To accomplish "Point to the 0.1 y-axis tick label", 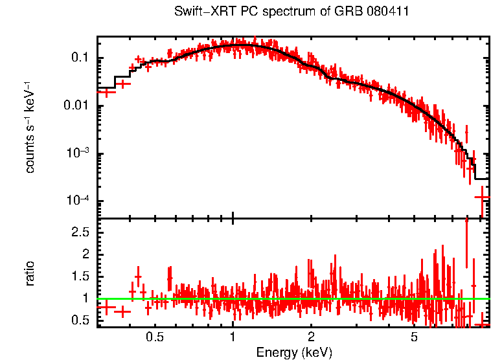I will click(x=80, y=58).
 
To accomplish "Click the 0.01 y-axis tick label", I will click(x=76, y=106).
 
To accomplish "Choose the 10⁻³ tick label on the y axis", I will click(x=78, y=153).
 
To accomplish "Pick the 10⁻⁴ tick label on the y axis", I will click(x=78, y=201).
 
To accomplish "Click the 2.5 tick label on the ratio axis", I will click(x=80, y=231).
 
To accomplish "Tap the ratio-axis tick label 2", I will click(x=86, y=254).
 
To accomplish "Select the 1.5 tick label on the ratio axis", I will click(x=80, y=276).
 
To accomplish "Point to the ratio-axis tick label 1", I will click(x=86, y=298).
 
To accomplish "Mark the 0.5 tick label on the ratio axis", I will click(x=80, y=321).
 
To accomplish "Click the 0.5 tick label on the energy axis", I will click(x=155, y=337).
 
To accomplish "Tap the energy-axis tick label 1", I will click(x=233, y=337).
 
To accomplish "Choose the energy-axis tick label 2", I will click(x=311, y=337).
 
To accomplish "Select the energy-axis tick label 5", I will click(x=415, y=337).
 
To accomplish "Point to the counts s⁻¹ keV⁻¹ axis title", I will click(x=29, y=126).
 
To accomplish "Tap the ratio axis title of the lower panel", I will click(x=30, y=273).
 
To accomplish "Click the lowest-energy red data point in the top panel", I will click(x=106, y=92).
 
